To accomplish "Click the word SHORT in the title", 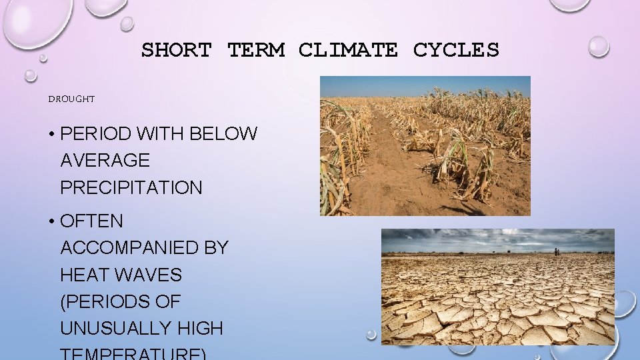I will [x=176, y=50].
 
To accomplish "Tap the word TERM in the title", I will [x=256, y=50].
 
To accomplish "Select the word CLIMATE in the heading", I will [x=348, y=50].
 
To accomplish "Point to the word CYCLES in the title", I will [x=456, y=50].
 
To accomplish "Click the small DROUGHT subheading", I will [x=71, y=99].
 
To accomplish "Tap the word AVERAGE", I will [x=105, y=161].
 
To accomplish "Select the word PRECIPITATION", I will [x=131, y=188].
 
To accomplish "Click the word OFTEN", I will [x=91, y=221].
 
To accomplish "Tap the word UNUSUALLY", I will [x=114, y=329].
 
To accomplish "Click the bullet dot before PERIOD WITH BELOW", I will [x=51, y=135].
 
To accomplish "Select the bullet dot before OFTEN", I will [x=51, y=221].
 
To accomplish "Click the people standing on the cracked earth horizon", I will [x=556, y=251].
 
